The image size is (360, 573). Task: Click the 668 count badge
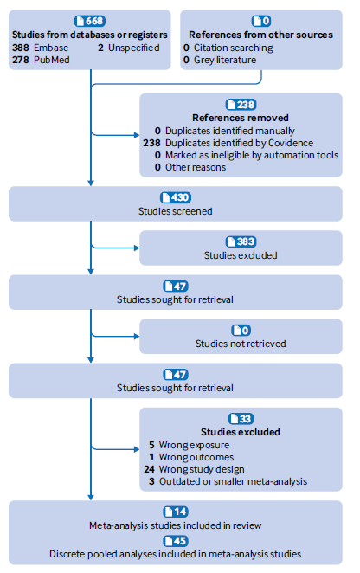coord(90,21)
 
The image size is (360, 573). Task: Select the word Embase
coord(51,48)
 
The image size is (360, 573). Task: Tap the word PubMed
coord(52,60)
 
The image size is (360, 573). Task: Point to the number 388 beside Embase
coord(21,48)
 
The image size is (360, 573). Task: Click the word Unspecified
coord(134,48)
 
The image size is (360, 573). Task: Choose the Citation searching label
coord(233,48)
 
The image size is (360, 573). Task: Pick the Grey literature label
coord(225,60)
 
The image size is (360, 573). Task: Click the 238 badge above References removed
coord(241,105)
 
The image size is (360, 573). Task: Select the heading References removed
coord(241,118)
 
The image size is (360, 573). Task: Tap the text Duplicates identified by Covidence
coord(239,143)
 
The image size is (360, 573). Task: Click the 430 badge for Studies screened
coord(176,197)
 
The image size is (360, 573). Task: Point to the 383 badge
coord(241,241)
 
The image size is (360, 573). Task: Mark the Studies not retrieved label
coord(241,344)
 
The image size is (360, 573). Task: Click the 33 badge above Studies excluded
coord(241,418)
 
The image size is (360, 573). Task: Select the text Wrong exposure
coord(194,445)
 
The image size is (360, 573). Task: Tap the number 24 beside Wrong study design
coord(149,469)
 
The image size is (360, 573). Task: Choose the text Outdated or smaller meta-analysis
coord(233,481)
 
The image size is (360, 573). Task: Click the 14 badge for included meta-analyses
coord(176,512)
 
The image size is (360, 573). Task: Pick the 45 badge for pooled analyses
coord(176,541)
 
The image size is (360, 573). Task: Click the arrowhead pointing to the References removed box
coord(137,135)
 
